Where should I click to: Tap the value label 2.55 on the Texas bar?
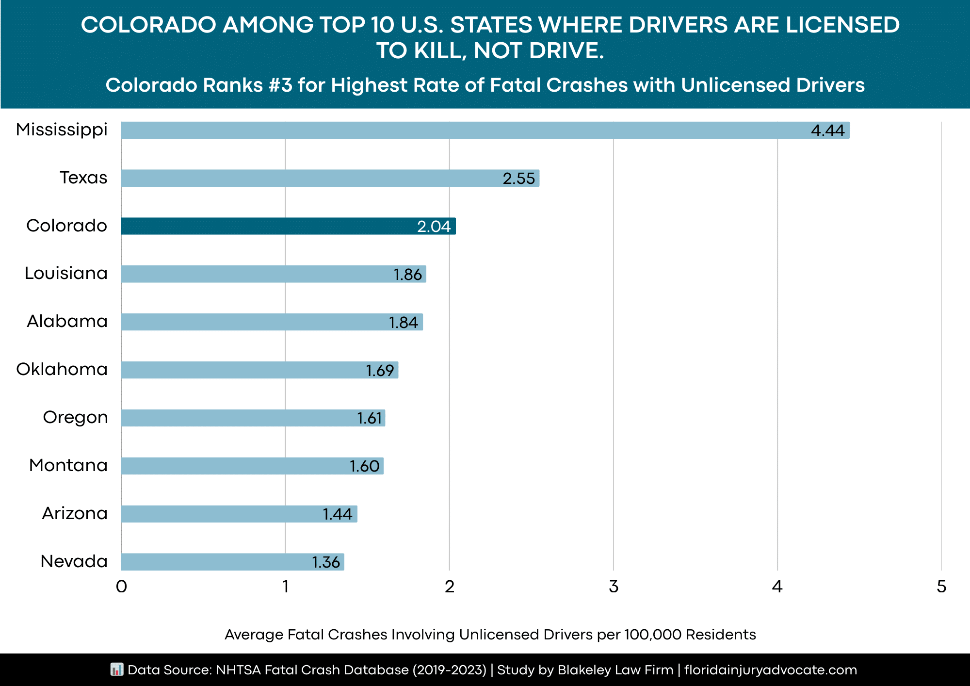click(518, 179)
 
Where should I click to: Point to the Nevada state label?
click(74, 561)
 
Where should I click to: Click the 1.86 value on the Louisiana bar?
click(407, 275)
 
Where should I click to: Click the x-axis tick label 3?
click(614, 587)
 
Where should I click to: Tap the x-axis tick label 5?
click(941, 587)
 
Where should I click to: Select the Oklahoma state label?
click(62, 369)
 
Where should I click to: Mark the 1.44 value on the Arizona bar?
click(338, 514)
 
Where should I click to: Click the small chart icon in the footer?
click(117, 670)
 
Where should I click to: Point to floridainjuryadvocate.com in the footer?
click(771, 670)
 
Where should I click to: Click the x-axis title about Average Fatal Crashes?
click(490, 635)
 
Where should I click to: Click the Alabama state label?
click(67, 321)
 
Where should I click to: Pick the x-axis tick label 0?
click(121, 587)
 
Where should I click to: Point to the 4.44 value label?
click(827, 131)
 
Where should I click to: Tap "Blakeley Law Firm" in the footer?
click(615, 670)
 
